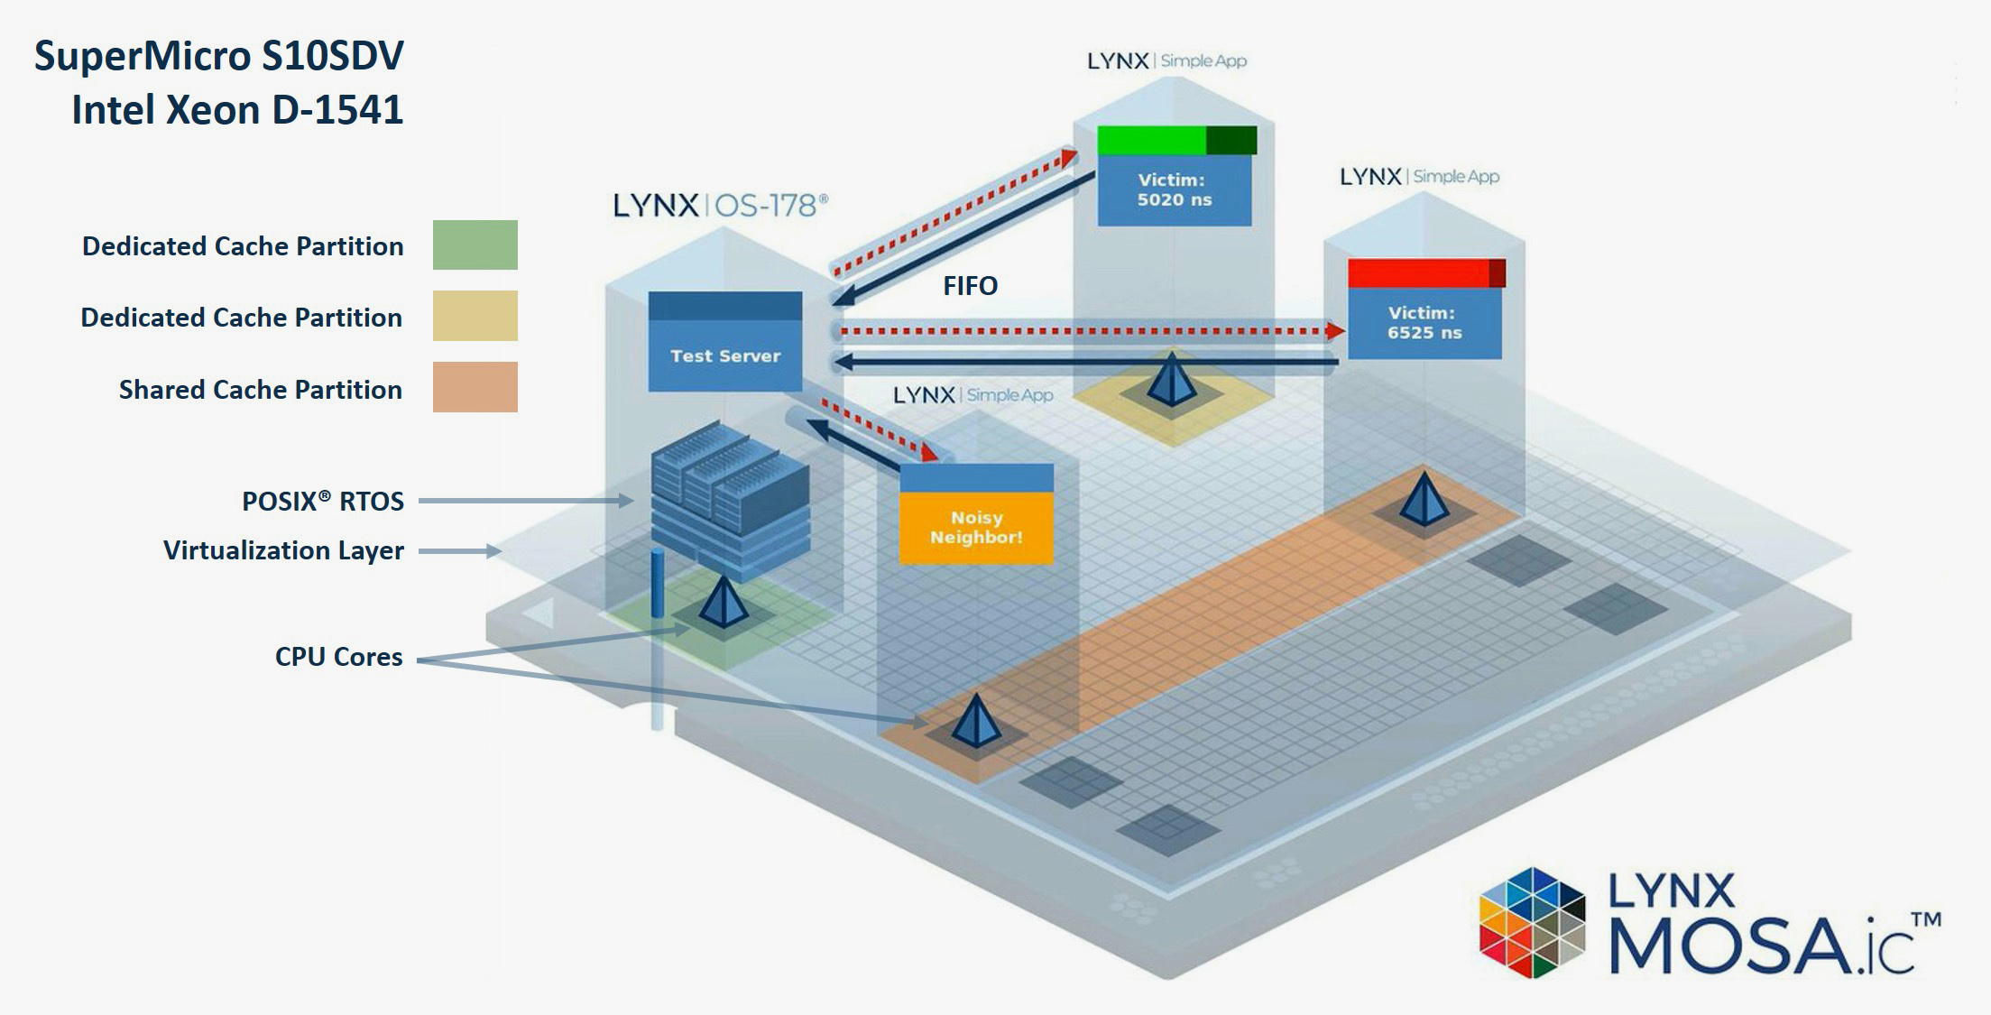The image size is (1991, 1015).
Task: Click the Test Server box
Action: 725,343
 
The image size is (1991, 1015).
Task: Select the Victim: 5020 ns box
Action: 1174,189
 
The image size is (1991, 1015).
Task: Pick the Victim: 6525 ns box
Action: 1424,322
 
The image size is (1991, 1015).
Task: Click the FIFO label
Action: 970,286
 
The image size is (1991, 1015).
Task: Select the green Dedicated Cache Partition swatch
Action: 475,245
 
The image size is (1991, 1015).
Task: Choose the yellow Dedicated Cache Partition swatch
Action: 475,316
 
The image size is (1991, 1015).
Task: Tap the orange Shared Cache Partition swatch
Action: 475,387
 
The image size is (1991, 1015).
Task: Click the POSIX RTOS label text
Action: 322,501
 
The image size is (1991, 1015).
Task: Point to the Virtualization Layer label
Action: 283,550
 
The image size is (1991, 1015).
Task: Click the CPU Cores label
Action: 338,657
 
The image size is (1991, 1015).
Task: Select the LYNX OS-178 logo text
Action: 719,206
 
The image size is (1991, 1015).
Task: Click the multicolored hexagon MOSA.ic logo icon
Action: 1532,922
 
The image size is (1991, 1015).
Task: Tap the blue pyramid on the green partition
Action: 724,602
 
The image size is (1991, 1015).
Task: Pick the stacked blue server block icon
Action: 730,501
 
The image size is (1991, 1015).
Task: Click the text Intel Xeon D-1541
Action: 237,110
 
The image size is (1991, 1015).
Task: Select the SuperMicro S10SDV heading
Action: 219,56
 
